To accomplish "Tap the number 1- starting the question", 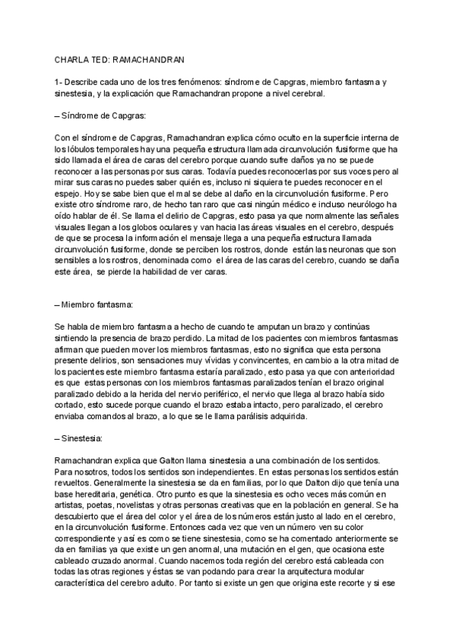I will click(59, 82).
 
